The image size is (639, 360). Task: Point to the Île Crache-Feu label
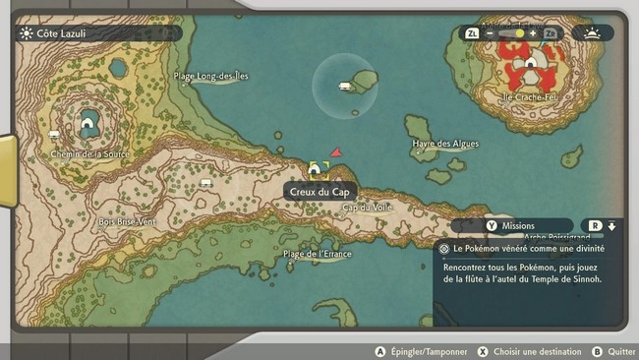pos(529,97)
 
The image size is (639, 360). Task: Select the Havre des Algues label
pos(445,144)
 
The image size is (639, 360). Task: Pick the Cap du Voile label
pos(368,207)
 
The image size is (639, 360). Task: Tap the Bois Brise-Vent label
pos(128,222)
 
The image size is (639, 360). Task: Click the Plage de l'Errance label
pos(319,254)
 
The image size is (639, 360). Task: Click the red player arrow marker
pos(336,153)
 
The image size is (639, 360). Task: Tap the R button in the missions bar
pos(595,226)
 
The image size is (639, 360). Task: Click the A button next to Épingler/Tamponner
pos(379,351)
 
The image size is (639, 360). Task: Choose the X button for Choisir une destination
pos(483,351)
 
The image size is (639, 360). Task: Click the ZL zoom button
pos(472,33)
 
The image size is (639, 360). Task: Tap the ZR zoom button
pos(550,33)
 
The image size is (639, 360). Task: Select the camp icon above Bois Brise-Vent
pos(205,183)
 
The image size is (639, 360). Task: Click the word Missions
pos(518,226)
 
